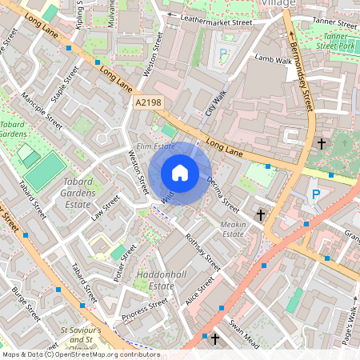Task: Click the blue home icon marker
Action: [x=180, y=172]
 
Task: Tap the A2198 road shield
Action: [x=147, y=102]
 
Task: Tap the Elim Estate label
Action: [x=155, y=146]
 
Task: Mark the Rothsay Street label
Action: [x=202, y=249]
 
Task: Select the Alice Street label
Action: [x=200, y=291]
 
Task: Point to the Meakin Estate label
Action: [x=233, y=229]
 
